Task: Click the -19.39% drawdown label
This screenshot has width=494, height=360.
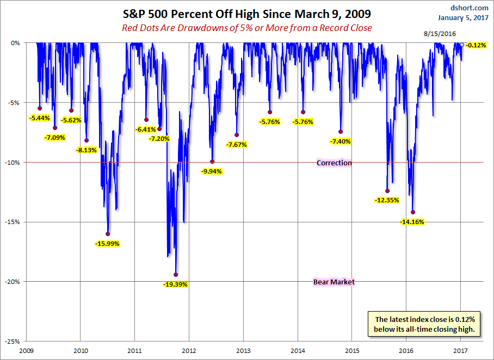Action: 175,284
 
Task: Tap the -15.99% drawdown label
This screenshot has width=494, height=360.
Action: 107,244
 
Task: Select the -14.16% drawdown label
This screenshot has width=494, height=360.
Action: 412,222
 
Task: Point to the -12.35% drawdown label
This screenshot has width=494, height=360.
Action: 387,200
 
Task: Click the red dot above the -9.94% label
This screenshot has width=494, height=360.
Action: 212,162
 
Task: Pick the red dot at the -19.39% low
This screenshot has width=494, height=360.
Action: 175,275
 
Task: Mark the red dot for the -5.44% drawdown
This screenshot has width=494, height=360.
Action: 40,108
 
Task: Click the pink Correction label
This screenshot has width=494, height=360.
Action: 334,163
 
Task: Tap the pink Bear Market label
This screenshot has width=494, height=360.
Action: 334,282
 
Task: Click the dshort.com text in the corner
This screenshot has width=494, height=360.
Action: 470,8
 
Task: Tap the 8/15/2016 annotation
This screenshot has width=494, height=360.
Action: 440,34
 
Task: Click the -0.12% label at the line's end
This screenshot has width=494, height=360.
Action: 476,45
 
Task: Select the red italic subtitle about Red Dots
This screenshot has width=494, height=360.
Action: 247,28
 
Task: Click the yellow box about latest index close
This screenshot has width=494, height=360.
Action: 425,324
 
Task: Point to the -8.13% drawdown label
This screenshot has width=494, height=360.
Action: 87,150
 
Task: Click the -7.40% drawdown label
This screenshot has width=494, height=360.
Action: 341,141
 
